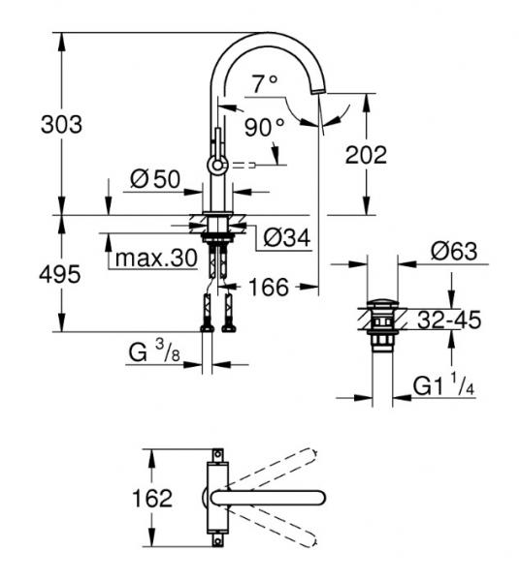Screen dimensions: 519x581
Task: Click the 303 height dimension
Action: tap(62, 125)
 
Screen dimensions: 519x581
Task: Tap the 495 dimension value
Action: tap(60, 275)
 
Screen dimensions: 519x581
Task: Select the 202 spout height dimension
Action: tap(366, 155)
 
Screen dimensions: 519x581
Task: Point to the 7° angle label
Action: tap(265, 83)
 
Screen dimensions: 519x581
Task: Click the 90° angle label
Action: tap(264, 127)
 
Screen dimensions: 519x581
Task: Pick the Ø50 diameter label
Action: tap(155, 179)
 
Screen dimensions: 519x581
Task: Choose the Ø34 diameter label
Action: tap(286, 237)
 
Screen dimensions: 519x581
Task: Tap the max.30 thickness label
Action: tap(156, 258)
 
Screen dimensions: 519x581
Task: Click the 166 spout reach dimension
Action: tap(269, 287)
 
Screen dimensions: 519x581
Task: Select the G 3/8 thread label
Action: tap(154, 352)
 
